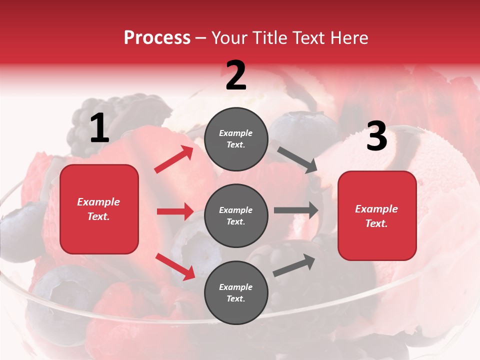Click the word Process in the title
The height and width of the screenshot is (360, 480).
(x=157, y=38)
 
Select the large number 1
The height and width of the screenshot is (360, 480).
(x=99, y=128)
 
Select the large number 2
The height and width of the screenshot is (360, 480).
(x=236, y=75)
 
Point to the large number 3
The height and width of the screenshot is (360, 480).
(x=376, y=136)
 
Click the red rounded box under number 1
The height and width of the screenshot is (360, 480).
(x=99, y=209)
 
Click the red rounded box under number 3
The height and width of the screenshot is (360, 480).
(x=377, y=216)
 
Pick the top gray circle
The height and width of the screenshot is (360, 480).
(x=236, y=139)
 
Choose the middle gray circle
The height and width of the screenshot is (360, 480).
(x=236, y=215)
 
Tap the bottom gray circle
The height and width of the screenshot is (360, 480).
(x=236, y=292)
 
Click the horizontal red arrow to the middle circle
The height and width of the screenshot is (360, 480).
(x=175, y=211)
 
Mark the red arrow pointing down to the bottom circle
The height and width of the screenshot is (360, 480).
(x=175, y=266)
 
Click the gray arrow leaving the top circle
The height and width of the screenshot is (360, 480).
(x=297, y=159)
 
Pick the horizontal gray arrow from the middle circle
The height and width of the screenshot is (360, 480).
(x=295, y=210)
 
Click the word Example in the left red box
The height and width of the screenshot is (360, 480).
(x=98, y=202)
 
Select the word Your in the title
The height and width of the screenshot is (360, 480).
(x=229, y=38)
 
